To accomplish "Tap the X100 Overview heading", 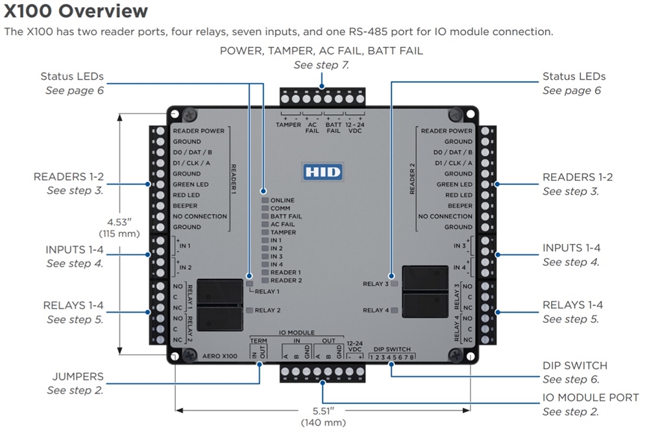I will [76, 11].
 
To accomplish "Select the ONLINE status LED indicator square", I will [265, 200].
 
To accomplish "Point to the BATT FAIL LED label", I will [286, 216].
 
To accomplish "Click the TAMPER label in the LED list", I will [283, 232].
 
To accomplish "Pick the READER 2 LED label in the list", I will [286, 280].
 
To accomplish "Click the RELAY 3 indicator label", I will [376, 284].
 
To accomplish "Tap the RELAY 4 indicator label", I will [376, 310].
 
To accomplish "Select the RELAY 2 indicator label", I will [268, 310].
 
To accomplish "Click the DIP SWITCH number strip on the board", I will [389, 356].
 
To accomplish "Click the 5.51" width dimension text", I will [323, 411].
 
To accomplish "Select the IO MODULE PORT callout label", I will [591, 397].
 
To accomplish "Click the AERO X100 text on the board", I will [219, 356].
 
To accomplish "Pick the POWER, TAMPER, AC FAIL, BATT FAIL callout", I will [321, 51].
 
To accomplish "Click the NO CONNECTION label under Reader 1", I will [200, 216].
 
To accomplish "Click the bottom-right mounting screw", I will [457, 355].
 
